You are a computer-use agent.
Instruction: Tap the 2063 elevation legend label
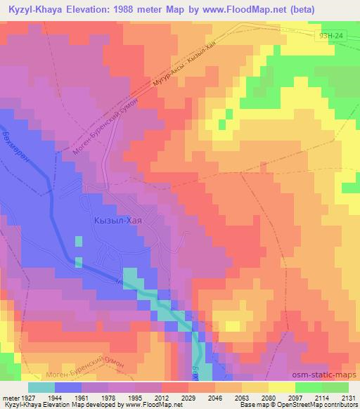(x=238, y=397)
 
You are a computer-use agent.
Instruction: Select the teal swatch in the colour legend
(x=41, y=387)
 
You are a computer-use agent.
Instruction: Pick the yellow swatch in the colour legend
(x=281, y=387)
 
